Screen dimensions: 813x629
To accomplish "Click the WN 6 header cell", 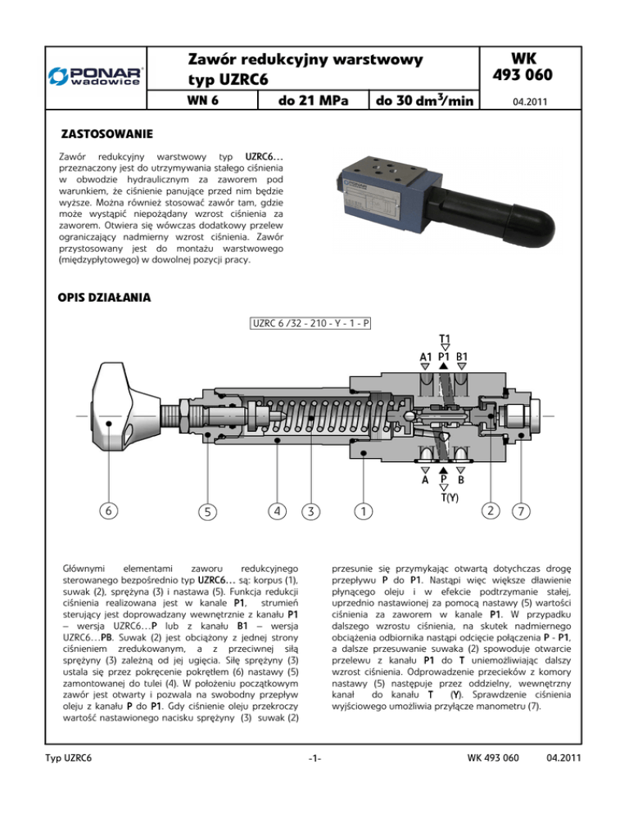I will click(205, 101).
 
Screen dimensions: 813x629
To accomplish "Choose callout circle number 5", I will click(210, 513).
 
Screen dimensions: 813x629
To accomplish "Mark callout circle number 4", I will click(278, 511).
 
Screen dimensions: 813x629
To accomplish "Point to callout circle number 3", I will click(311, 512).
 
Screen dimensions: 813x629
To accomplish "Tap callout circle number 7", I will click(520, 513).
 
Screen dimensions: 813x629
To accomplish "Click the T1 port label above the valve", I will click(443, 339).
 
